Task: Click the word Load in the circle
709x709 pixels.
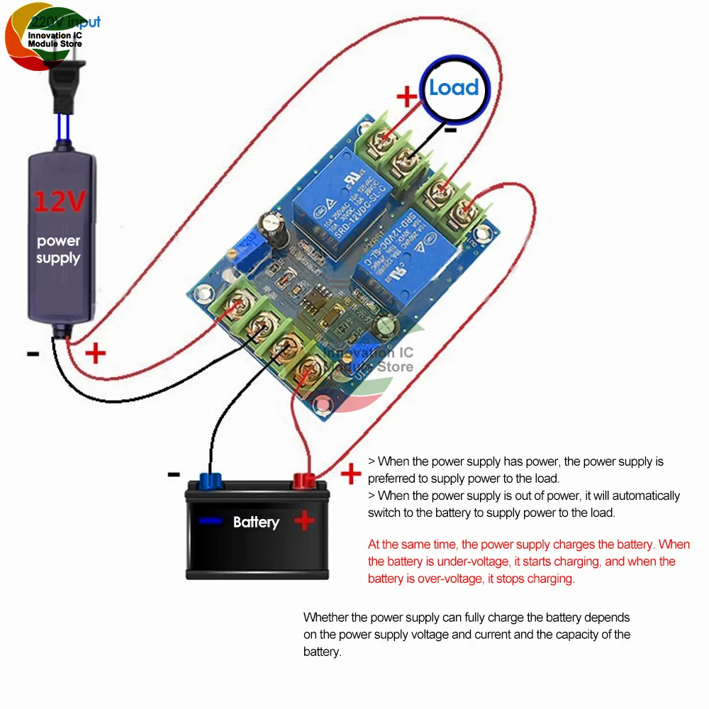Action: point(454,88)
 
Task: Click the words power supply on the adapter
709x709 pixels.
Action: point(58,250)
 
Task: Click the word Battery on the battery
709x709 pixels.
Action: point(256,523)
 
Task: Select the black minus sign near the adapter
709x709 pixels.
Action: point(33,354)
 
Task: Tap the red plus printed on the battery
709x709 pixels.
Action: point(305,522)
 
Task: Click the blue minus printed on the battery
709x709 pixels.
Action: point(210,522)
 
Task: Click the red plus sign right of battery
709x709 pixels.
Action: point(351,474)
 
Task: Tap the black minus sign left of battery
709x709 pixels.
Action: point(174,474)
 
